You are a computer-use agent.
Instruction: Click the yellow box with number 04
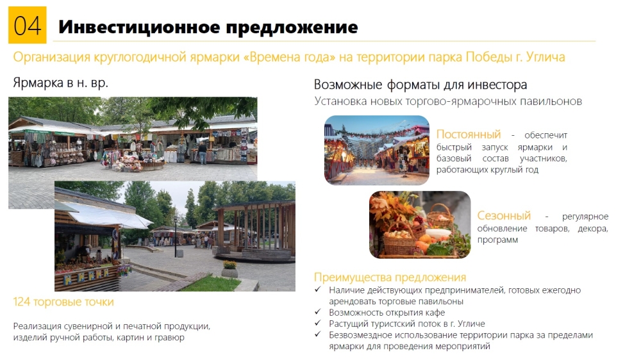28,25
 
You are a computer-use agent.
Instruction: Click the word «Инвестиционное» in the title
139,27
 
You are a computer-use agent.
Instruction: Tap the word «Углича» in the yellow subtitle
545,57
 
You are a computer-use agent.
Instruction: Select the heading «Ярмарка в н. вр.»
60,83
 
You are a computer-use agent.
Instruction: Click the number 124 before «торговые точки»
22,302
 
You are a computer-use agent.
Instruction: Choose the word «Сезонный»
504,215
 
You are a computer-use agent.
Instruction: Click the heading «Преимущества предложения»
390,277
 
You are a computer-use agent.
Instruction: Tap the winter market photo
377,151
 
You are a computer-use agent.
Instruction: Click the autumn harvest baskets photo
420,225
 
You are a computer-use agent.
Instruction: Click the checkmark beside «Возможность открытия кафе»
318,312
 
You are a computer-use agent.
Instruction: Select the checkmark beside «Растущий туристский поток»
318,323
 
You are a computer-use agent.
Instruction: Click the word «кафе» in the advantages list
435,313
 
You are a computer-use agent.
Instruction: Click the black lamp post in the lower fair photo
176,237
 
